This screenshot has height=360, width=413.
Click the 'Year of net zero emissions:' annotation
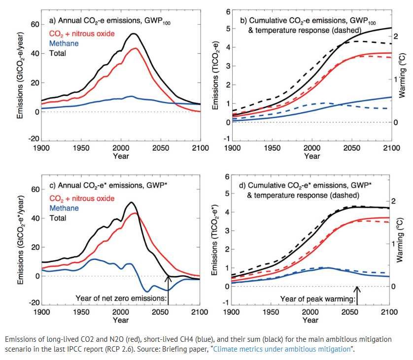click(x=122, y=297)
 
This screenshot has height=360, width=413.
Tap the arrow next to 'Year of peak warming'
click(x=357, y=295)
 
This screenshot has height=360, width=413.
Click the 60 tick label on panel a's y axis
click(x=34, y=24)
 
